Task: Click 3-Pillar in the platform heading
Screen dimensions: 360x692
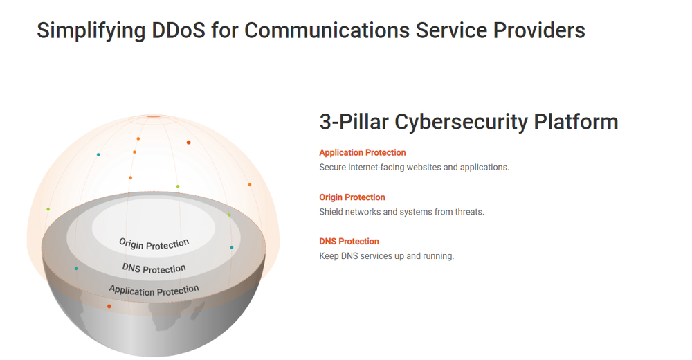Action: click(x=354, y=122)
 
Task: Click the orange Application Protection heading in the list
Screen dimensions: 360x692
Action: click(x=363, y=152)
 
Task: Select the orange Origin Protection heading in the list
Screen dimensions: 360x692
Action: click(x=352, y=197)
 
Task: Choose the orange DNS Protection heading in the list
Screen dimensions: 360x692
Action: click(x=349, y=242)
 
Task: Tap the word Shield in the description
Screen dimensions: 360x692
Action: click(x=331, y=212)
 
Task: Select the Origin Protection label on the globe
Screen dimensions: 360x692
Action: click(x=154, y=244)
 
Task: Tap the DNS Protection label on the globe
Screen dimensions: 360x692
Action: click(x=154, y=268)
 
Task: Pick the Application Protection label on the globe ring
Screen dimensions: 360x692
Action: click(x=154, y=290)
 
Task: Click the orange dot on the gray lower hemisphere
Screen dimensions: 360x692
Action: click(x=109, y=306)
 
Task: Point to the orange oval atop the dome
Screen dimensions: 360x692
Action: click(x=153, y=116)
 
